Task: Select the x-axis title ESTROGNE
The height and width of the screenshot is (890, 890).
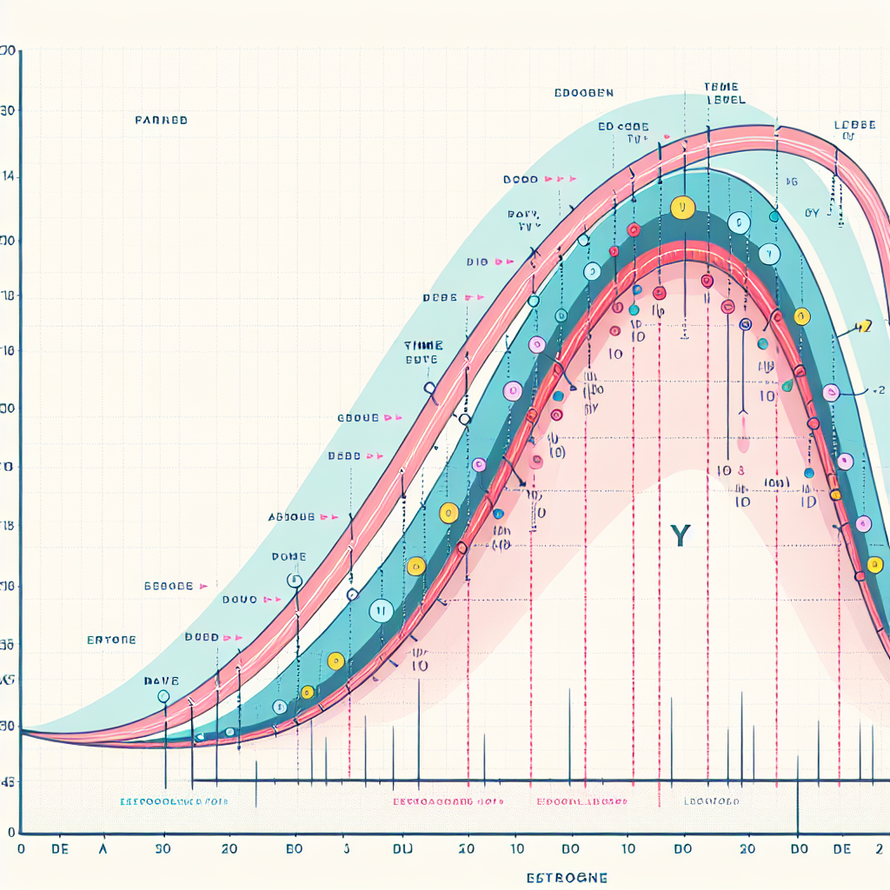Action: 567,878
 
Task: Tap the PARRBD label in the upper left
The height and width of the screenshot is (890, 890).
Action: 161,121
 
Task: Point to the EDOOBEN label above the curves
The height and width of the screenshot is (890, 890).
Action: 583,92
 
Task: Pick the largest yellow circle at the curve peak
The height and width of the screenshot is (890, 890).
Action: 683,208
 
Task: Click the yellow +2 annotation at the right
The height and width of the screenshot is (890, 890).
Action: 862,328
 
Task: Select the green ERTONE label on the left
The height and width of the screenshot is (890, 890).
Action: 111,640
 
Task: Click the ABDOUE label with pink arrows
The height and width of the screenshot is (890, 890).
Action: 291,516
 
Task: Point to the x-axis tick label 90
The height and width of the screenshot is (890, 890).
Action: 162,849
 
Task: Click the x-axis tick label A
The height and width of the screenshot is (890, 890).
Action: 103,849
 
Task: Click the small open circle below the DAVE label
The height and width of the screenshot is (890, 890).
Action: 163,696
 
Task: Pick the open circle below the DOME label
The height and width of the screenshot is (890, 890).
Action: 293,581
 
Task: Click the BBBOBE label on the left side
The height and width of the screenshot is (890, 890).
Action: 168,587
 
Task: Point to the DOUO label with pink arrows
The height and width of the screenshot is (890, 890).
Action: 239,600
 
